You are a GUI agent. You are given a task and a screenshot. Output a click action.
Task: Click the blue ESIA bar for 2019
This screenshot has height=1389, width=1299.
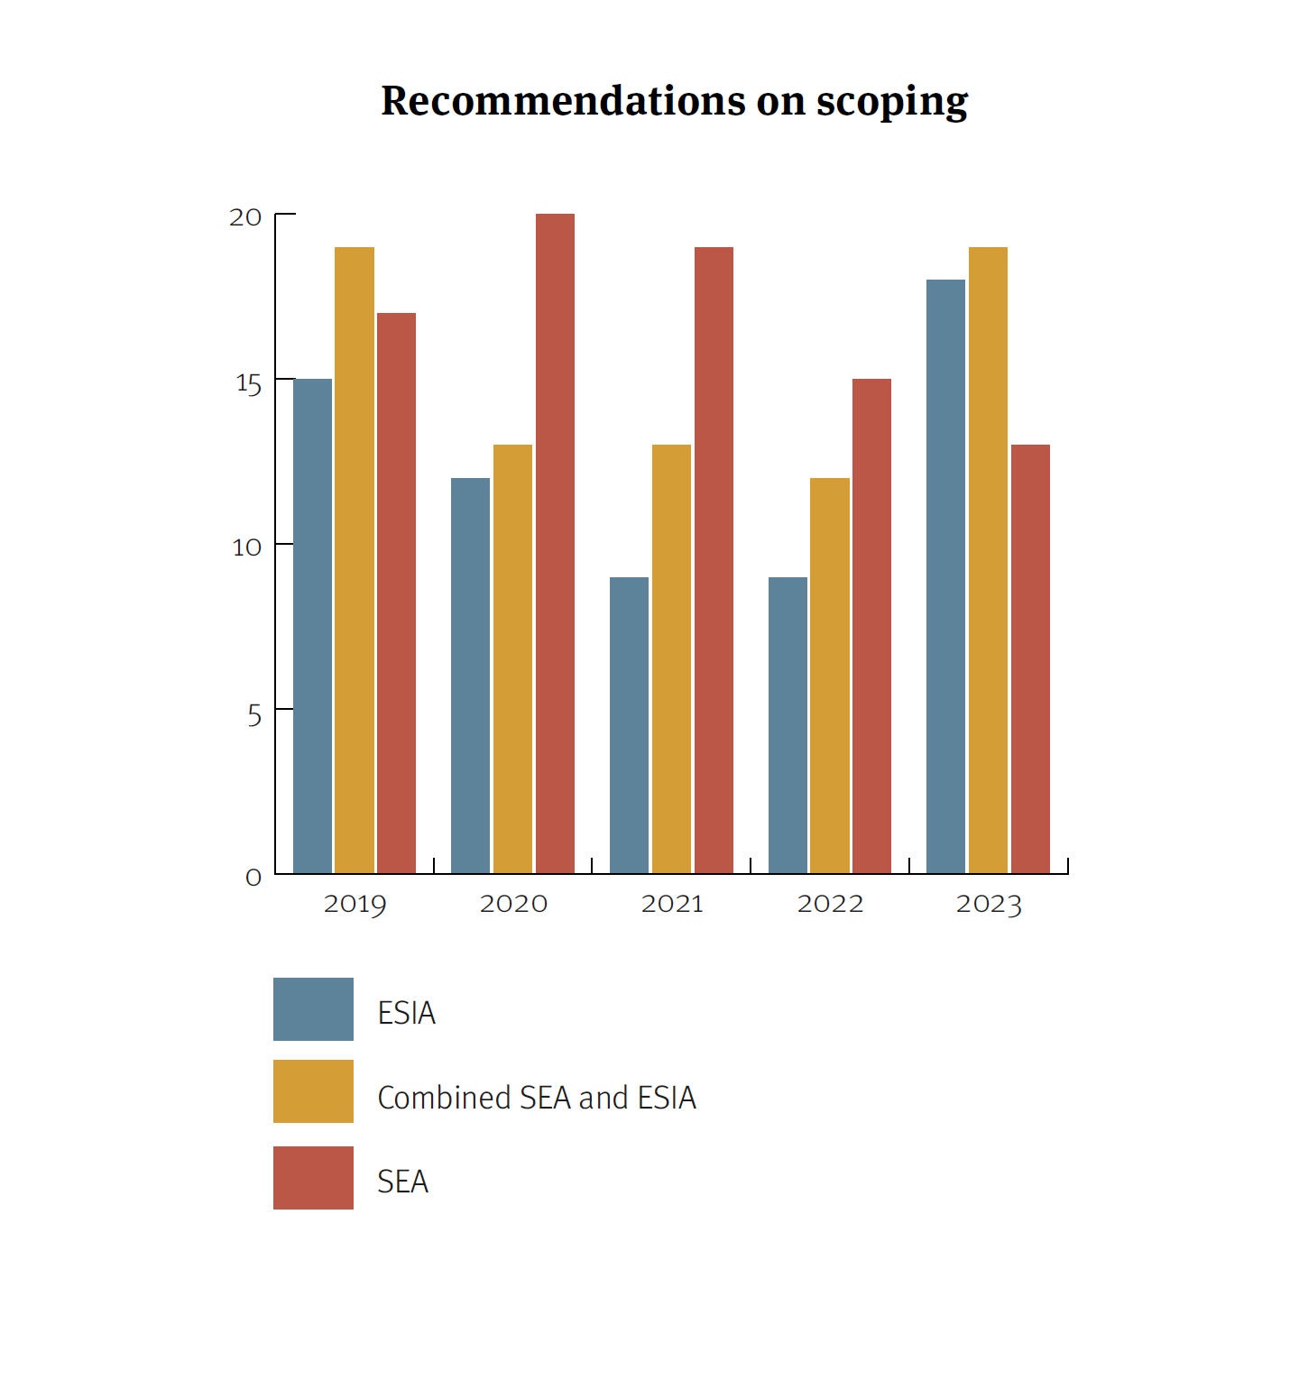click(x=312, y=626)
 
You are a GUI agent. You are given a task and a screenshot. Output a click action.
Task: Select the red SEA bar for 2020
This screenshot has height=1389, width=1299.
click(x=555, y=543)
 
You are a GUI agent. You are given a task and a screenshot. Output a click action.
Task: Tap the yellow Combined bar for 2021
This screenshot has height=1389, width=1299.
click(x=671, y=658)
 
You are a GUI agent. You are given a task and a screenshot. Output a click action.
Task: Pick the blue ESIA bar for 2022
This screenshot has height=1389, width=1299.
click(x=788, y=725)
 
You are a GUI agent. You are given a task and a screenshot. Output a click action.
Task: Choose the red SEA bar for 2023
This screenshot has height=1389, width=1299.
click(x=1030, y=658)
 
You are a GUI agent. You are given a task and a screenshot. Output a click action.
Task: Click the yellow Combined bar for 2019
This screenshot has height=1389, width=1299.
click(x=355, y=560)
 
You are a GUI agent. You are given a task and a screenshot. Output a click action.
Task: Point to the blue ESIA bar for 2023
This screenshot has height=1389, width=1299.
click(x=945, y=576)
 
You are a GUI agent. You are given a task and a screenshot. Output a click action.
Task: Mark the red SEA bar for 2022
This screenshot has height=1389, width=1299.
click(x=871, y=626)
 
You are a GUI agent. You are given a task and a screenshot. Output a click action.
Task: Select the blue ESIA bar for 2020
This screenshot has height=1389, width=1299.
click(x=470, y=676)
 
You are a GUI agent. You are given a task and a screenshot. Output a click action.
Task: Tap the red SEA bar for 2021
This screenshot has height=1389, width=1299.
click(x=714, y=560)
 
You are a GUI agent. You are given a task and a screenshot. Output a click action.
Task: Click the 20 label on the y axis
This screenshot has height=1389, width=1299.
click(x=245, y=217)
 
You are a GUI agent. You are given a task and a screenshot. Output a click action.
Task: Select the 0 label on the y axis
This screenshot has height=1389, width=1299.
click(x=253, y=878)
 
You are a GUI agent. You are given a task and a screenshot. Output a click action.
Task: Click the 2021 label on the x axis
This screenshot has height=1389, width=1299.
click(x=672, y=904)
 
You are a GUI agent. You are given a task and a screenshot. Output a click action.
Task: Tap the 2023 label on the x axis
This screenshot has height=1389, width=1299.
click(x=989, y=904)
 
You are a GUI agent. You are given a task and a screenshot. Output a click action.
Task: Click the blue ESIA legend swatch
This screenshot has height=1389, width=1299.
click(x=313, y=1009)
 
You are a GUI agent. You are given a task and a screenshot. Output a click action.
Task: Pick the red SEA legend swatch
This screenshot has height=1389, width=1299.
click(x=313, y=1178)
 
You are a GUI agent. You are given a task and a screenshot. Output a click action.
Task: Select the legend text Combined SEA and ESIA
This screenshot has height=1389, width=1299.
click(x=537, y=1098)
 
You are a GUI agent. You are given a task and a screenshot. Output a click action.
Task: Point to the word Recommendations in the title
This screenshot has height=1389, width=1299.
click(x=563, y=100)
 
